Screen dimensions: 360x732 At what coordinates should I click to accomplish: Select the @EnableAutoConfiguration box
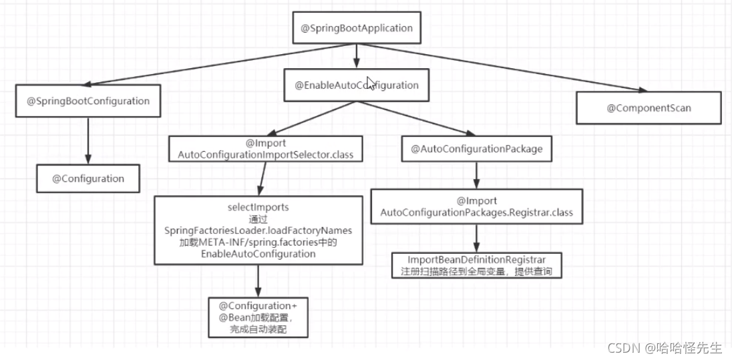click(x=357, y=85)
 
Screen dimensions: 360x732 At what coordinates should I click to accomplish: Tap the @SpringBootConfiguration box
click(x=88, y=102)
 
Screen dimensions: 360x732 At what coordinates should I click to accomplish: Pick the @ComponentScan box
click(x=649, y=108)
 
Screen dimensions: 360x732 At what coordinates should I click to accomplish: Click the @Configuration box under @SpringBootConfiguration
click(x=89, y=179)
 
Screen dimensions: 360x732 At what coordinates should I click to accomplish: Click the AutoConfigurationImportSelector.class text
click(x=265, y=155)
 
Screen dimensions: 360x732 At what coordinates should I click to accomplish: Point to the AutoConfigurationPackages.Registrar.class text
click(x=476, y=212)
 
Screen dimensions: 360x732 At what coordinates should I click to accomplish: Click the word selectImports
click(x=257, y=208)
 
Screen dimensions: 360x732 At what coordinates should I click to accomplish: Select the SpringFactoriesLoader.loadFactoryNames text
click(x=257, y=230)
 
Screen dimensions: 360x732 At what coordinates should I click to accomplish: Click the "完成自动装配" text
click(x=257, y=329)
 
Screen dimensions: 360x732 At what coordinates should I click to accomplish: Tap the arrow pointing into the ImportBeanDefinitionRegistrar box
click(x=476, y=237)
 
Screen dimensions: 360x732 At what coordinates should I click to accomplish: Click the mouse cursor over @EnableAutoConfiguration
click(x=371, y=82)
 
